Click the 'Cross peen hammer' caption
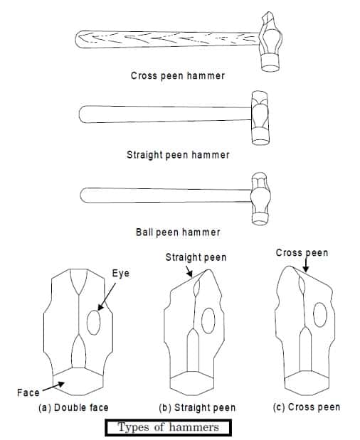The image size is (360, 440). coord(177,75)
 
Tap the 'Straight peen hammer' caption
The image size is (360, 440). coord(178,154)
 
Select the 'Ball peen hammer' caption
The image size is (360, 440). coord(177,232)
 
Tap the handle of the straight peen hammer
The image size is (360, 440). coord(164,114)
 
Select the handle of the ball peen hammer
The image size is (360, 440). coord(164,194)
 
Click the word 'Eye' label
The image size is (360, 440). coord(120,273)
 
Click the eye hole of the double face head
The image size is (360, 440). coord(94,323)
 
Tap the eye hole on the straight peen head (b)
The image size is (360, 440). coord(208,321)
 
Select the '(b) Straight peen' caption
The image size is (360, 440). coord(197,408)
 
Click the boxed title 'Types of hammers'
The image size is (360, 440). coord(168,428)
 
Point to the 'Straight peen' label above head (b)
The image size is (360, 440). coord(196,257)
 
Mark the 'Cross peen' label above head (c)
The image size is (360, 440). coord(302,253)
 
